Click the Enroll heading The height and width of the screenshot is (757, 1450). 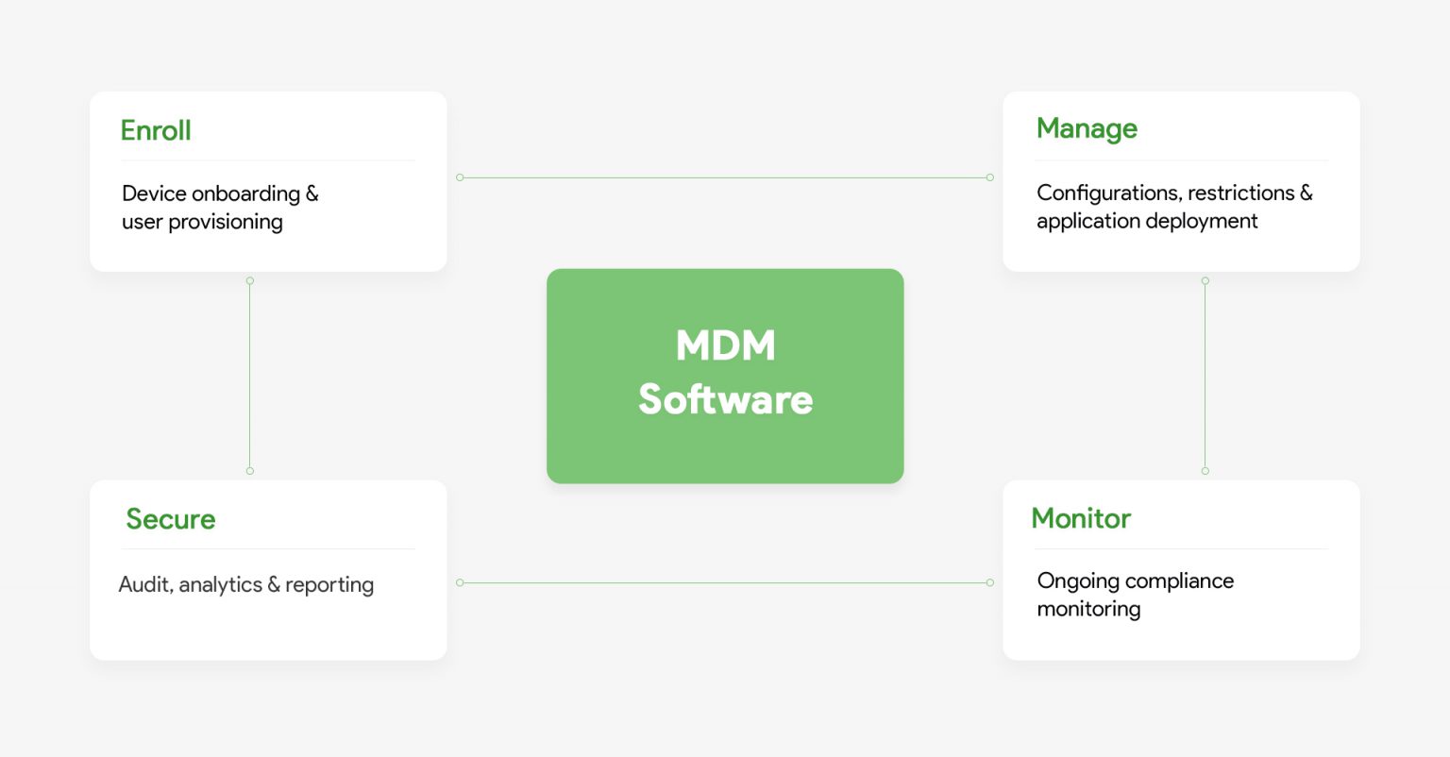(x=156, y=130)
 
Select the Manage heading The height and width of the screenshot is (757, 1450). (x=1087, y=129)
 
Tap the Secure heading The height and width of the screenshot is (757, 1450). (x=171, y=519)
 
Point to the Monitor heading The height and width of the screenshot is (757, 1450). (x=1081, y=518)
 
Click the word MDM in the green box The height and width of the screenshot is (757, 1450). (x=725, y=345)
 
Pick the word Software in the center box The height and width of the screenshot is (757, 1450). (x=725, y=399)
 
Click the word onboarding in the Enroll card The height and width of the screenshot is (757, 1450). (x=244, y=193)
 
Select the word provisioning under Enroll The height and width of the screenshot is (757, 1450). (x=226, y=222)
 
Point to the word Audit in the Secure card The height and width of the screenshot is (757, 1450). (x=144, y=585)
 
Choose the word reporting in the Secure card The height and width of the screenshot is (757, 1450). (x=329, y=585)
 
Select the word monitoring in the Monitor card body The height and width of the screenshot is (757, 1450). (x=1088, y=609)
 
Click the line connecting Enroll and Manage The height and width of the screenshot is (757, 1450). (x=725, y=177)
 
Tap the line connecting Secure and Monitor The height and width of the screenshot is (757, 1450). (x=725, y=582)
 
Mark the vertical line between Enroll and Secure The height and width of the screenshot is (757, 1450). (x=249, y=376)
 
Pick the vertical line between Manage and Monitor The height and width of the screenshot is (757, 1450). (x=1205, y=376)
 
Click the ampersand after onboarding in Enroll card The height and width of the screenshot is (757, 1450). (x=312, y=193)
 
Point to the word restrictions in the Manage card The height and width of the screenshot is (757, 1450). (x=1240, y=193)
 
